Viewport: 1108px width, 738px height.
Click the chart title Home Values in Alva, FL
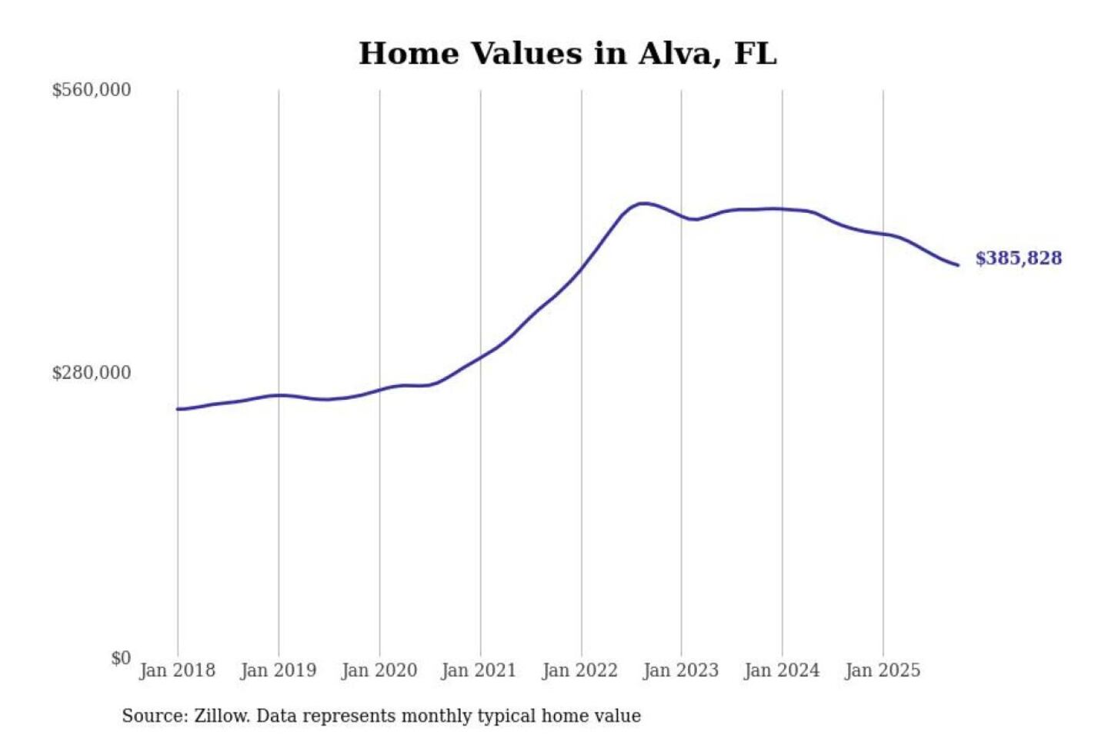point(568,54)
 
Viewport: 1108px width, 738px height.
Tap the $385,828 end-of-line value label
point(1018,258)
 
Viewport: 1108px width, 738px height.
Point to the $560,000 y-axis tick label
point(92,90)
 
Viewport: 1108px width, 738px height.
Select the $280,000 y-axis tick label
point(92,373)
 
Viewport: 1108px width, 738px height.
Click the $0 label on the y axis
point(121,658)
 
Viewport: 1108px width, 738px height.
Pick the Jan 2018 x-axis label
point(177,670)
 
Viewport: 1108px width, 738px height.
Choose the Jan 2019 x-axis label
point(278,670)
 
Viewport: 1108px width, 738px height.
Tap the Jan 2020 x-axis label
point(379,670)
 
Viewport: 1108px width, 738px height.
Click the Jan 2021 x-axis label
point(479,670)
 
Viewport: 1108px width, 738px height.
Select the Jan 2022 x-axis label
point(579,670)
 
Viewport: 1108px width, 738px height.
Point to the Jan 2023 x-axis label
point(680,670)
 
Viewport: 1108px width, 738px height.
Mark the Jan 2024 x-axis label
point(781,670)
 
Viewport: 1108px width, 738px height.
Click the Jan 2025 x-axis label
point(882,670)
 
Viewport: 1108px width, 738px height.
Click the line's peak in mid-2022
point(643,204)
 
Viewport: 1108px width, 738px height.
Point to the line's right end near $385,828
point(957,265)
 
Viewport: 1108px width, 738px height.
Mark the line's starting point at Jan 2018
point(178,409)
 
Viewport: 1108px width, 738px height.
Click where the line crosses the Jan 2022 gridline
point(582,268)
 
